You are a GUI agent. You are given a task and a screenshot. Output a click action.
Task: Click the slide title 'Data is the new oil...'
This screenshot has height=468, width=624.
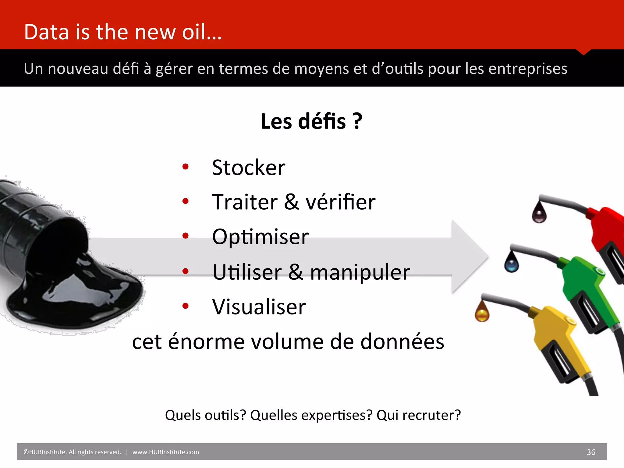[x=122, y=32]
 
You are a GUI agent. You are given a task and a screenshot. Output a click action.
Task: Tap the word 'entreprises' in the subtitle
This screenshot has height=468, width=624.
[x=528, y=69]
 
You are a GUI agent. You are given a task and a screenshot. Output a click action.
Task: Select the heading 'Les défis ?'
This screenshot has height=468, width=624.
[x=311, y=121]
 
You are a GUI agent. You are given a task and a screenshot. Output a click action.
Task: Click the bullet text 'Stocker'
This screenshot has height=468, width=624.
[x=249, y=168]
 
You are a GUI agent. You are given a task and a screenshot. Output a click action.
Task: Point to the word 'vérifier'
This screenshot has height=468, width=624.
[x=340, y=202]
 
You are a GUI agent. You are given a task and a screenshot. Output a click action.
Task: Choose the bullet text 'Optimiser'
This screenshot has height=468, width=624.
[x=261, y=237]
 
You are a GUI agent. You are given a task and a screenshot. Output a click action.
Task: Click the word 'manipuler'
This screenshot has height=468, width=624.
[x=360, y=272]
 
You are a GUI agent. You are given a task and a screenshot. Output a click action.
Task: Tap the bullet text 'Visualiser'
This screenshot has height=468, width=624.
[x=259, y=307]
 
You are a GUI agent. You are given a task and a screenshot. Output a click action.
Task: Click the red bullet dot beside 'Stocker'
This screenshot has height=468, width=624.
[x=185, y=167]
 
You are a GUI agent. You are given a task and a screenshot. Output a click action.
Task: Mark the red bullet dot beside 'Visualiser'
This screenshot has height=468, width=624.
[x=185, y=306]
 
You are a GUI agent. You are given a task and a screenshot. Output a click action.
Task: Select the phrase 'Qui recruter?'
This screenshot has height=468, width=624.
[x=419, y=415]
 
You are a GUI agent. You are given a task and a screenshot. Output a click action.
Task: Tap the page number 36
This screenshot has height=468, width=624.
[x=591, y=452]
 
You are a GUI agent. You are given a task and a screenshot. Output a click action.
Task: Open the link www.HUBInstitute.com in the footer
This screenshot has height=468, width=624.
[x=165, y=452]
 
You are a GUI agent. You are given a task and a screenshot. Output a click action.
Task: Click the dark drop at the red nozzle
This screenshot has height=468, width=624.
[x=539, y=213]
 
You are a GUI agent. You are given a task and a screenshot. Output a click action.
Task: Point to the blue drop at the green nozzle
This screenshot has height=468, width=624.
[x=511, y=263]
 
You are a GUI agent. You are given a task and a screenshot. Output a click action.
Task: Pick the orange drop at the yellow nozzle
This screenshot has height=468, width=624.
[x=482, y=313]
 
